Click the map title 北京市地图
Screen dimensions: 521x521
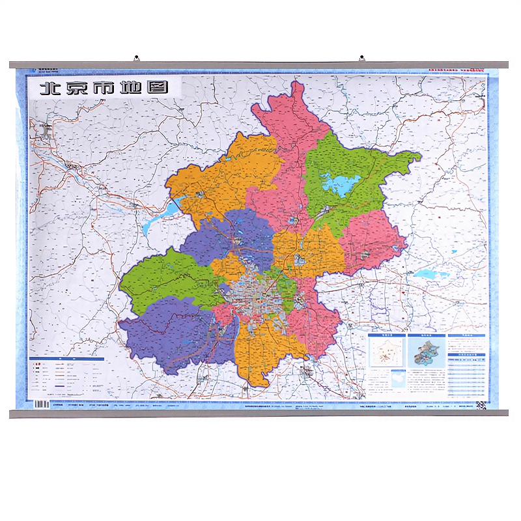pos(104,88)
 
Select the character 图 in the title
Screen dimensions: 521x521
pos(158,88)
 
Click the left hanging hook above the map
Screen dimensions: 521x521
pos(136,59)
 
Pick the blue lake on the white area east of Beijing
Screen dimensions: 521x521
pos(427,274)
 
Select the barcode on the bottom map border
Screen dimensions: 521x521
pos(41,404)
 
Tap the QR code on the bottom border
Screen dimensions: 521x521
pos(481,405)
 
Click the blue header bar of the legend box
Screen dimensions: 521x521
pos(66,359)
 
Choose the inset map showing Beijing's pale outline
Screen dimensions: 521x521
pos(386,351)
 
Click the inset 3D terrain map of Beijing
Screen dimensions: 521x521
pos(427,352)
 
